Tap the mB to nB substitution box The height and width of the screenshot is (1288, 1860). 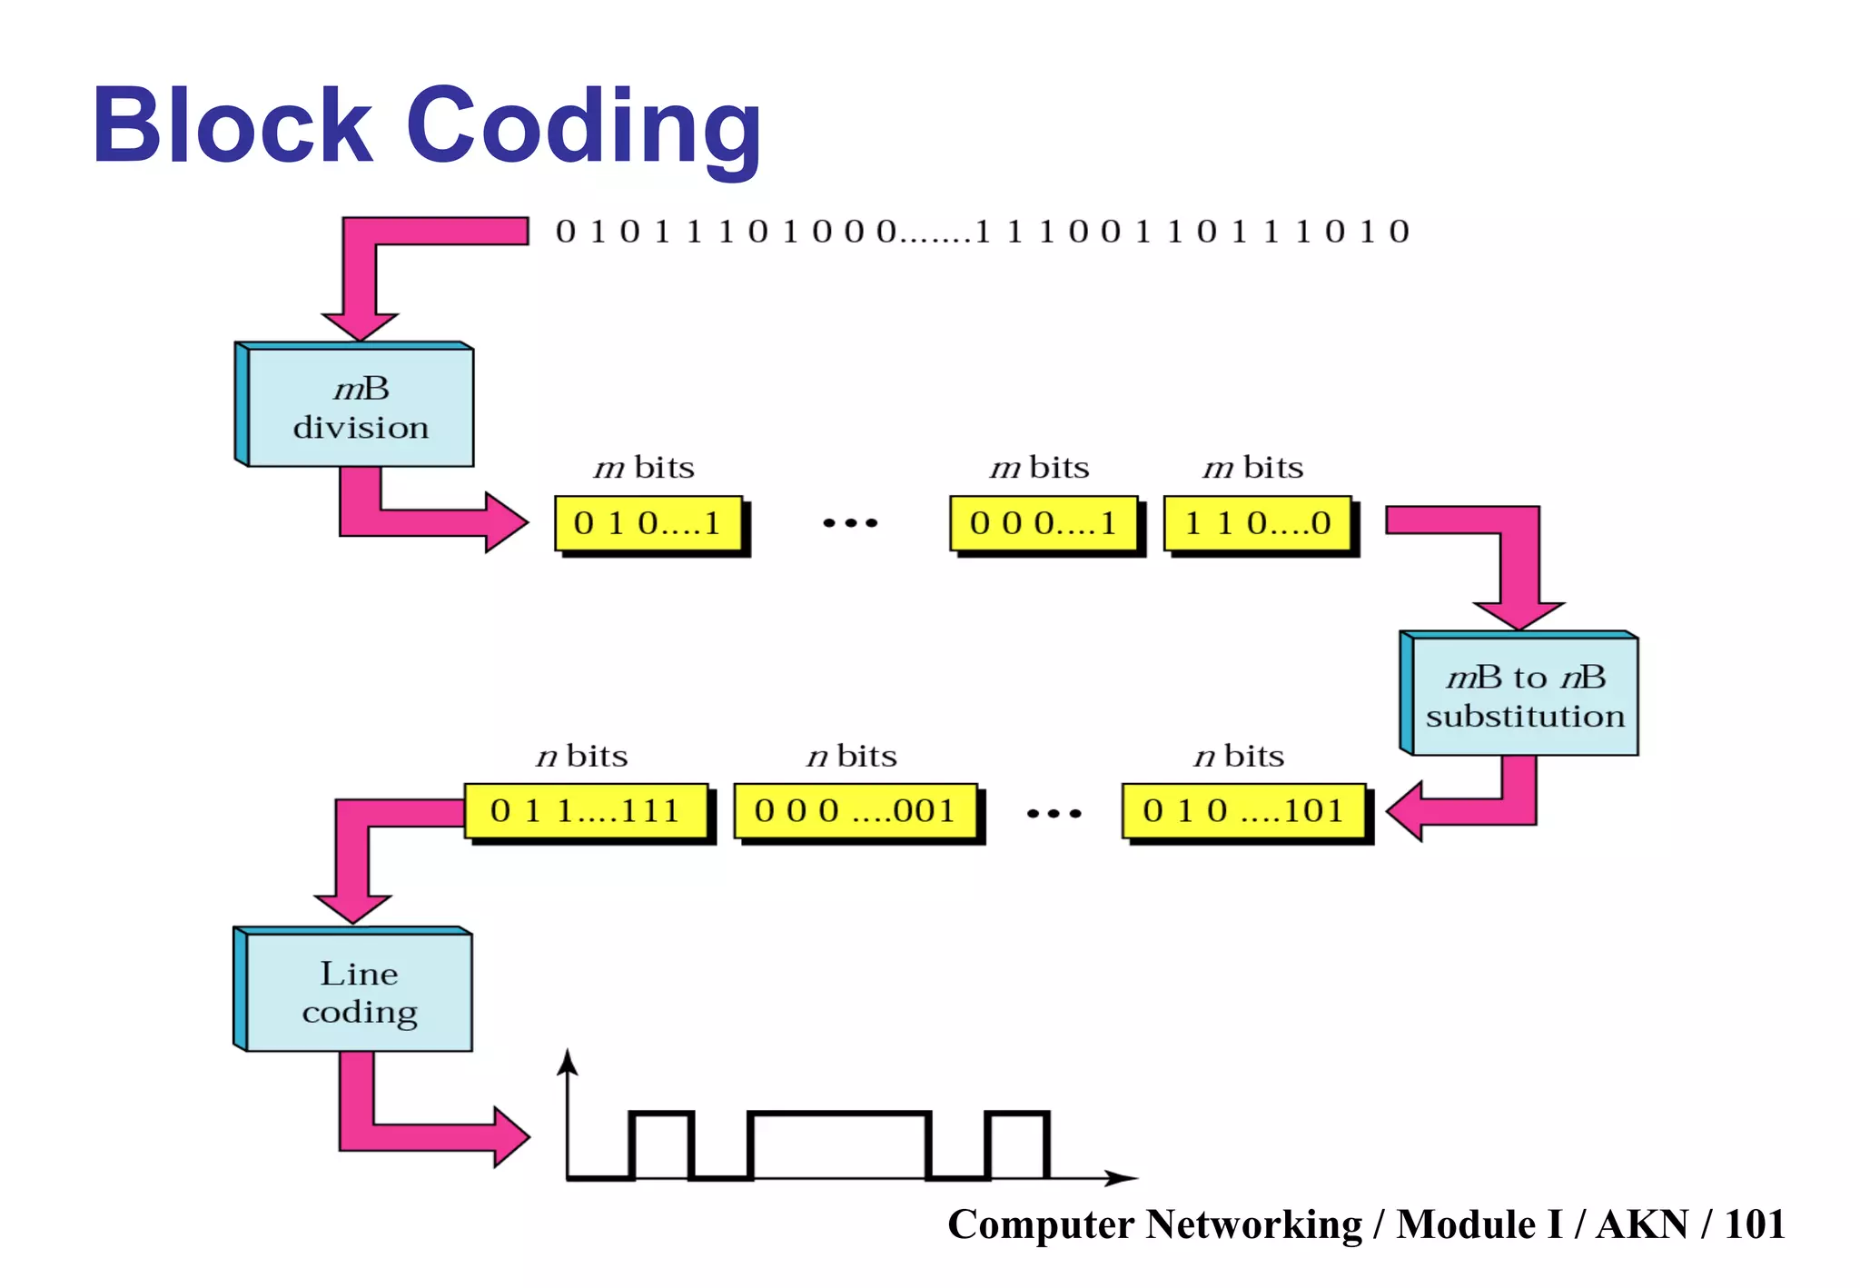click(1525, 696)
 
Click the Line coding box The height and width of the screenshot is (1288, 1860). click(359, 992)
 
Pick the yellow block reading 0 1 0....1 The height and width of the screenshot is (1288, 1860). click(648, 523)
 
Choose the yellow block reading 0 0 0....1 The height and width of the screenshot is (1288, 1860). click(1043, 523)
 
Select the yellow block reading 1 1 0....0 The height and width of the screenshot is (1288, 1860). click(1257, 523)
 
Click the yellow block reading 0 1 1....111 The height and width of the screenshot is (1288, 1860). click(586, 810)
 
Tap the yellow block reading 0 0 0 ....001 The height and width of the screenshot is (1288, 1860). click(855, 810)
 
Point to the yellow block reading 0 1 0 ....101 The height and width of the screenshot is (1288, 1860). click(1242, 810)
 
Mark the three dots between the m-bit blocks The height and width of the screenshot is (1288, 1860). click(850, 523)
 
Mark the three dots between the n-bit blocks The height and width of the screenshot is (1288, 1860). click(1054, 813)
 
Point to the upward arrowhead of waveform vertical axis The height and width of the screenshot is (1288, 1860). click(569, 1061)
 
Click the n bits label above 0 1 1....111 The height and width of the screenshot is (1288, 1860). click(582, 757)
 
